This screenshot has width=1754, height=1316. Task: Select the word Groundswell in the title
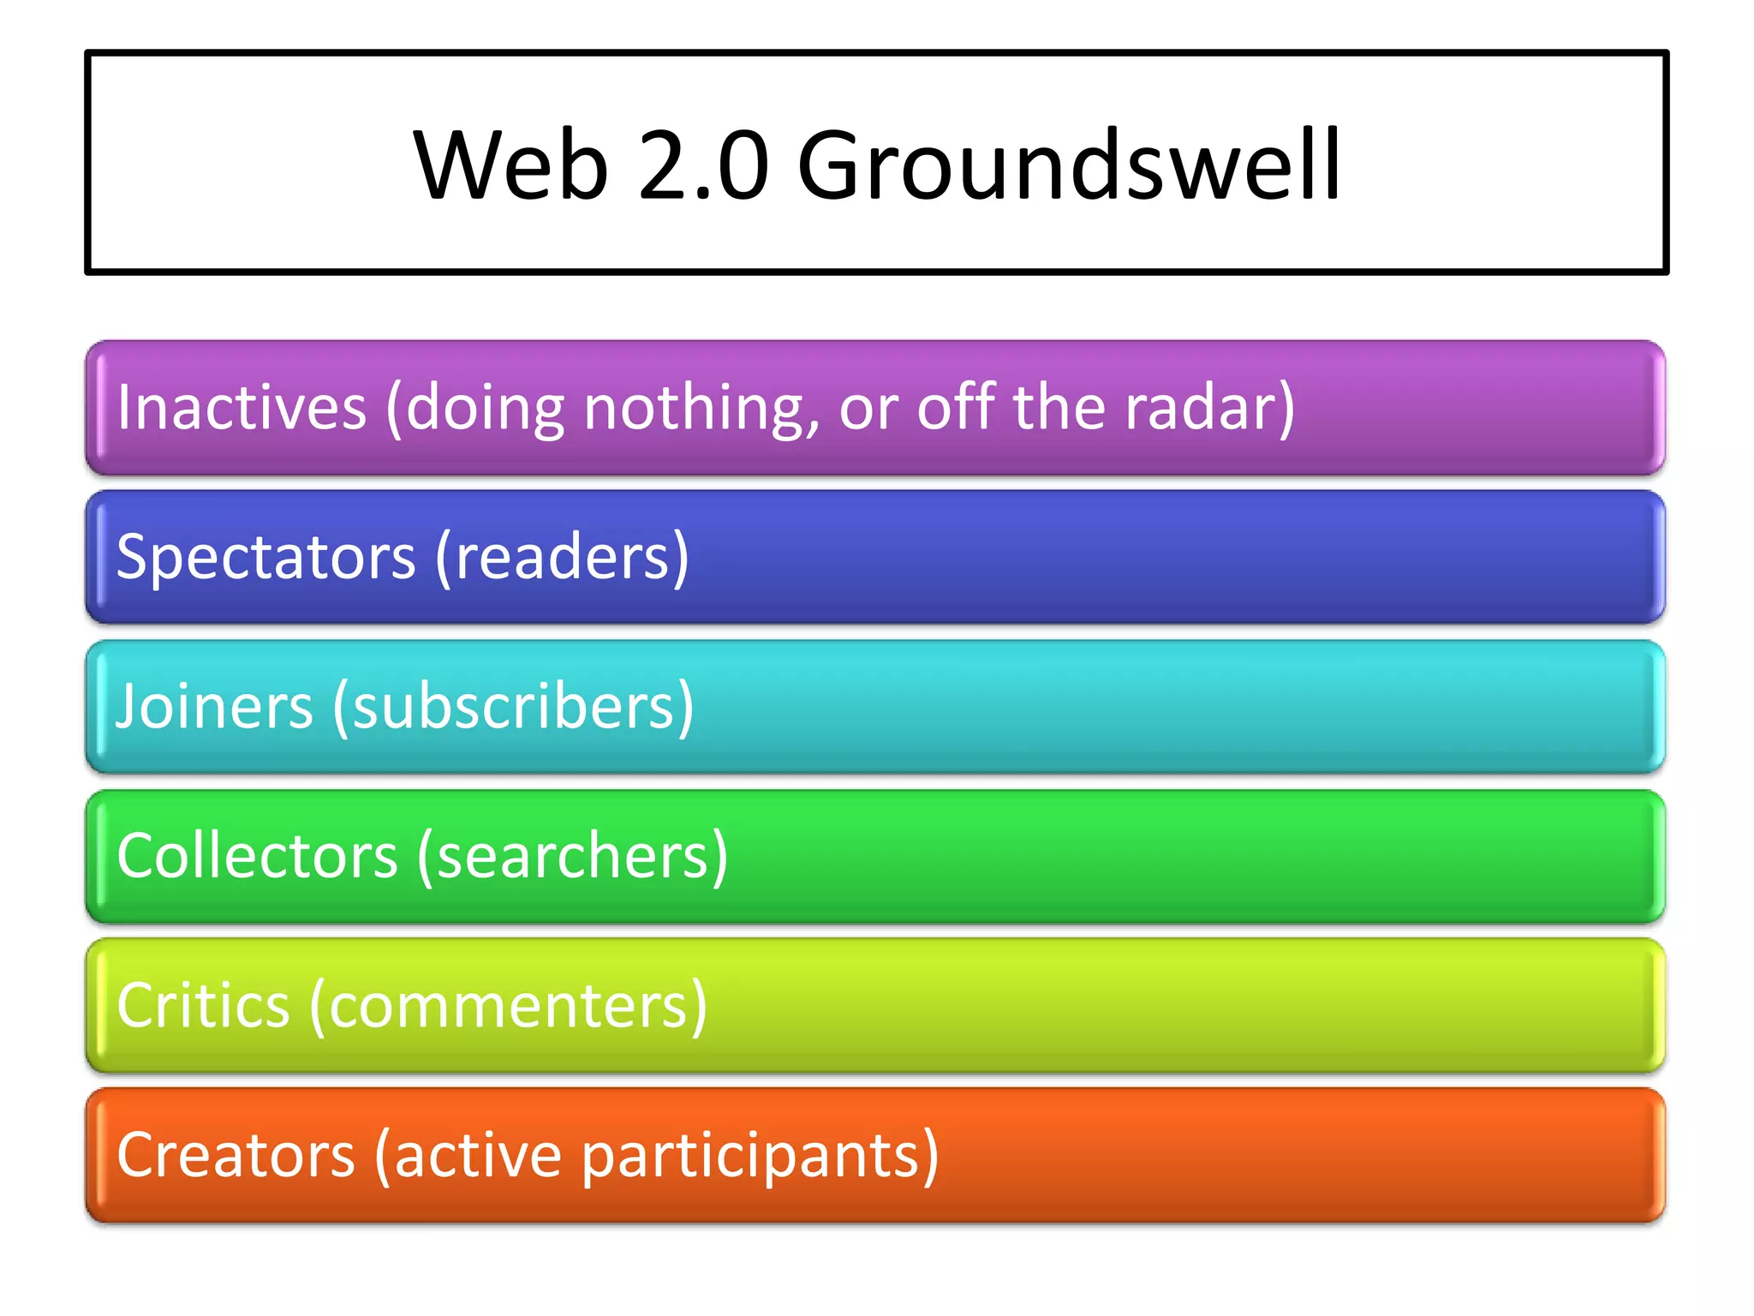coord(1068,164)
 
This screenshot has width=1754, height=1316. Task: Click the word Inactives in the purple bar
coord(242,407)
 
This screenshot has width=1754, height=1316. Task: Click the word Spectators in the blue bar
coord(266,558)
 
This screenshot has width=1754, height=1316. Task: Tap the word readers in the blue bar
coord(561,558)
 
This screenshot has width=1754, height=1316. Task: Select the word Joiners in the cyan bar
coord(215,707)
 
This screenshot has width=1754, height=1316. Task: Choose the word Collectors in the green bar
coord(258,856)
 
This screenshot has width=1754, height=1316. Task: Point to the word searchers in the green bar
coord(572,856)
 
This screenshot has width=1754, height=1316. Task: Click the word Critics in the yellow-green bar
coord(204,1005)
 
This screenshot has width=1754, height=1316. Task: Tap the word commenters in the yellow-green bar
coord(508,1005)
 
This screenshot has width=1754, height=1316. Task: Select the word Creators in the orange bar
coord(236,1155)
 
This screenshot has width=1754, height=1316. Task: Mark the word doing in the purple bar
coord(485,409)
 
